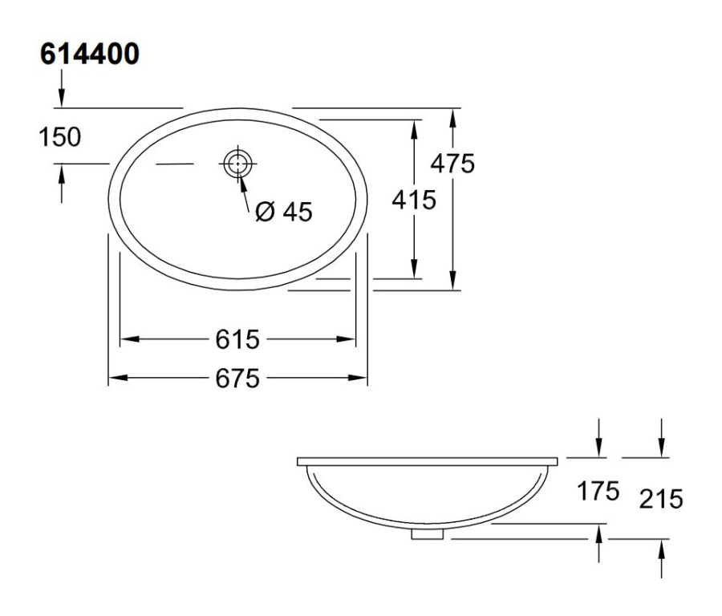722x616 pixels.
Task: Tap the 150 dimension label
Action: (x=61, y=137)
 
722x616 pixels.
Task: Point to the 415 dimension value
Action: (x=413, y=200)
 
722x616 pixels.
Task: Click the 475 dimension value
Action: (x=452, y=163)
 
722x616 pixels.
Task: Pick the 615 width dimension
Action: (x=237, y=340)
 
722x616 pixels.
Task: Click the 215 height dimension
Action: (x=660, y=500)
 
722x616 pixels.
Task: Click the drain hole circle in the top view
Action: (x=237, y=164)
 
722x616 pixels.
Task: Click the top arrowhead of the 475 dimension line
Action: (x=453, y=115)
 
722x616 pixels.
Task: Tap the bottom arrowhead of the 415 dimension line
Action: (x=415, y=271)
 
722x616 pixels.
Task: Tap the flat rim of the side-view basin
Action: (x=428, y=462)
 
